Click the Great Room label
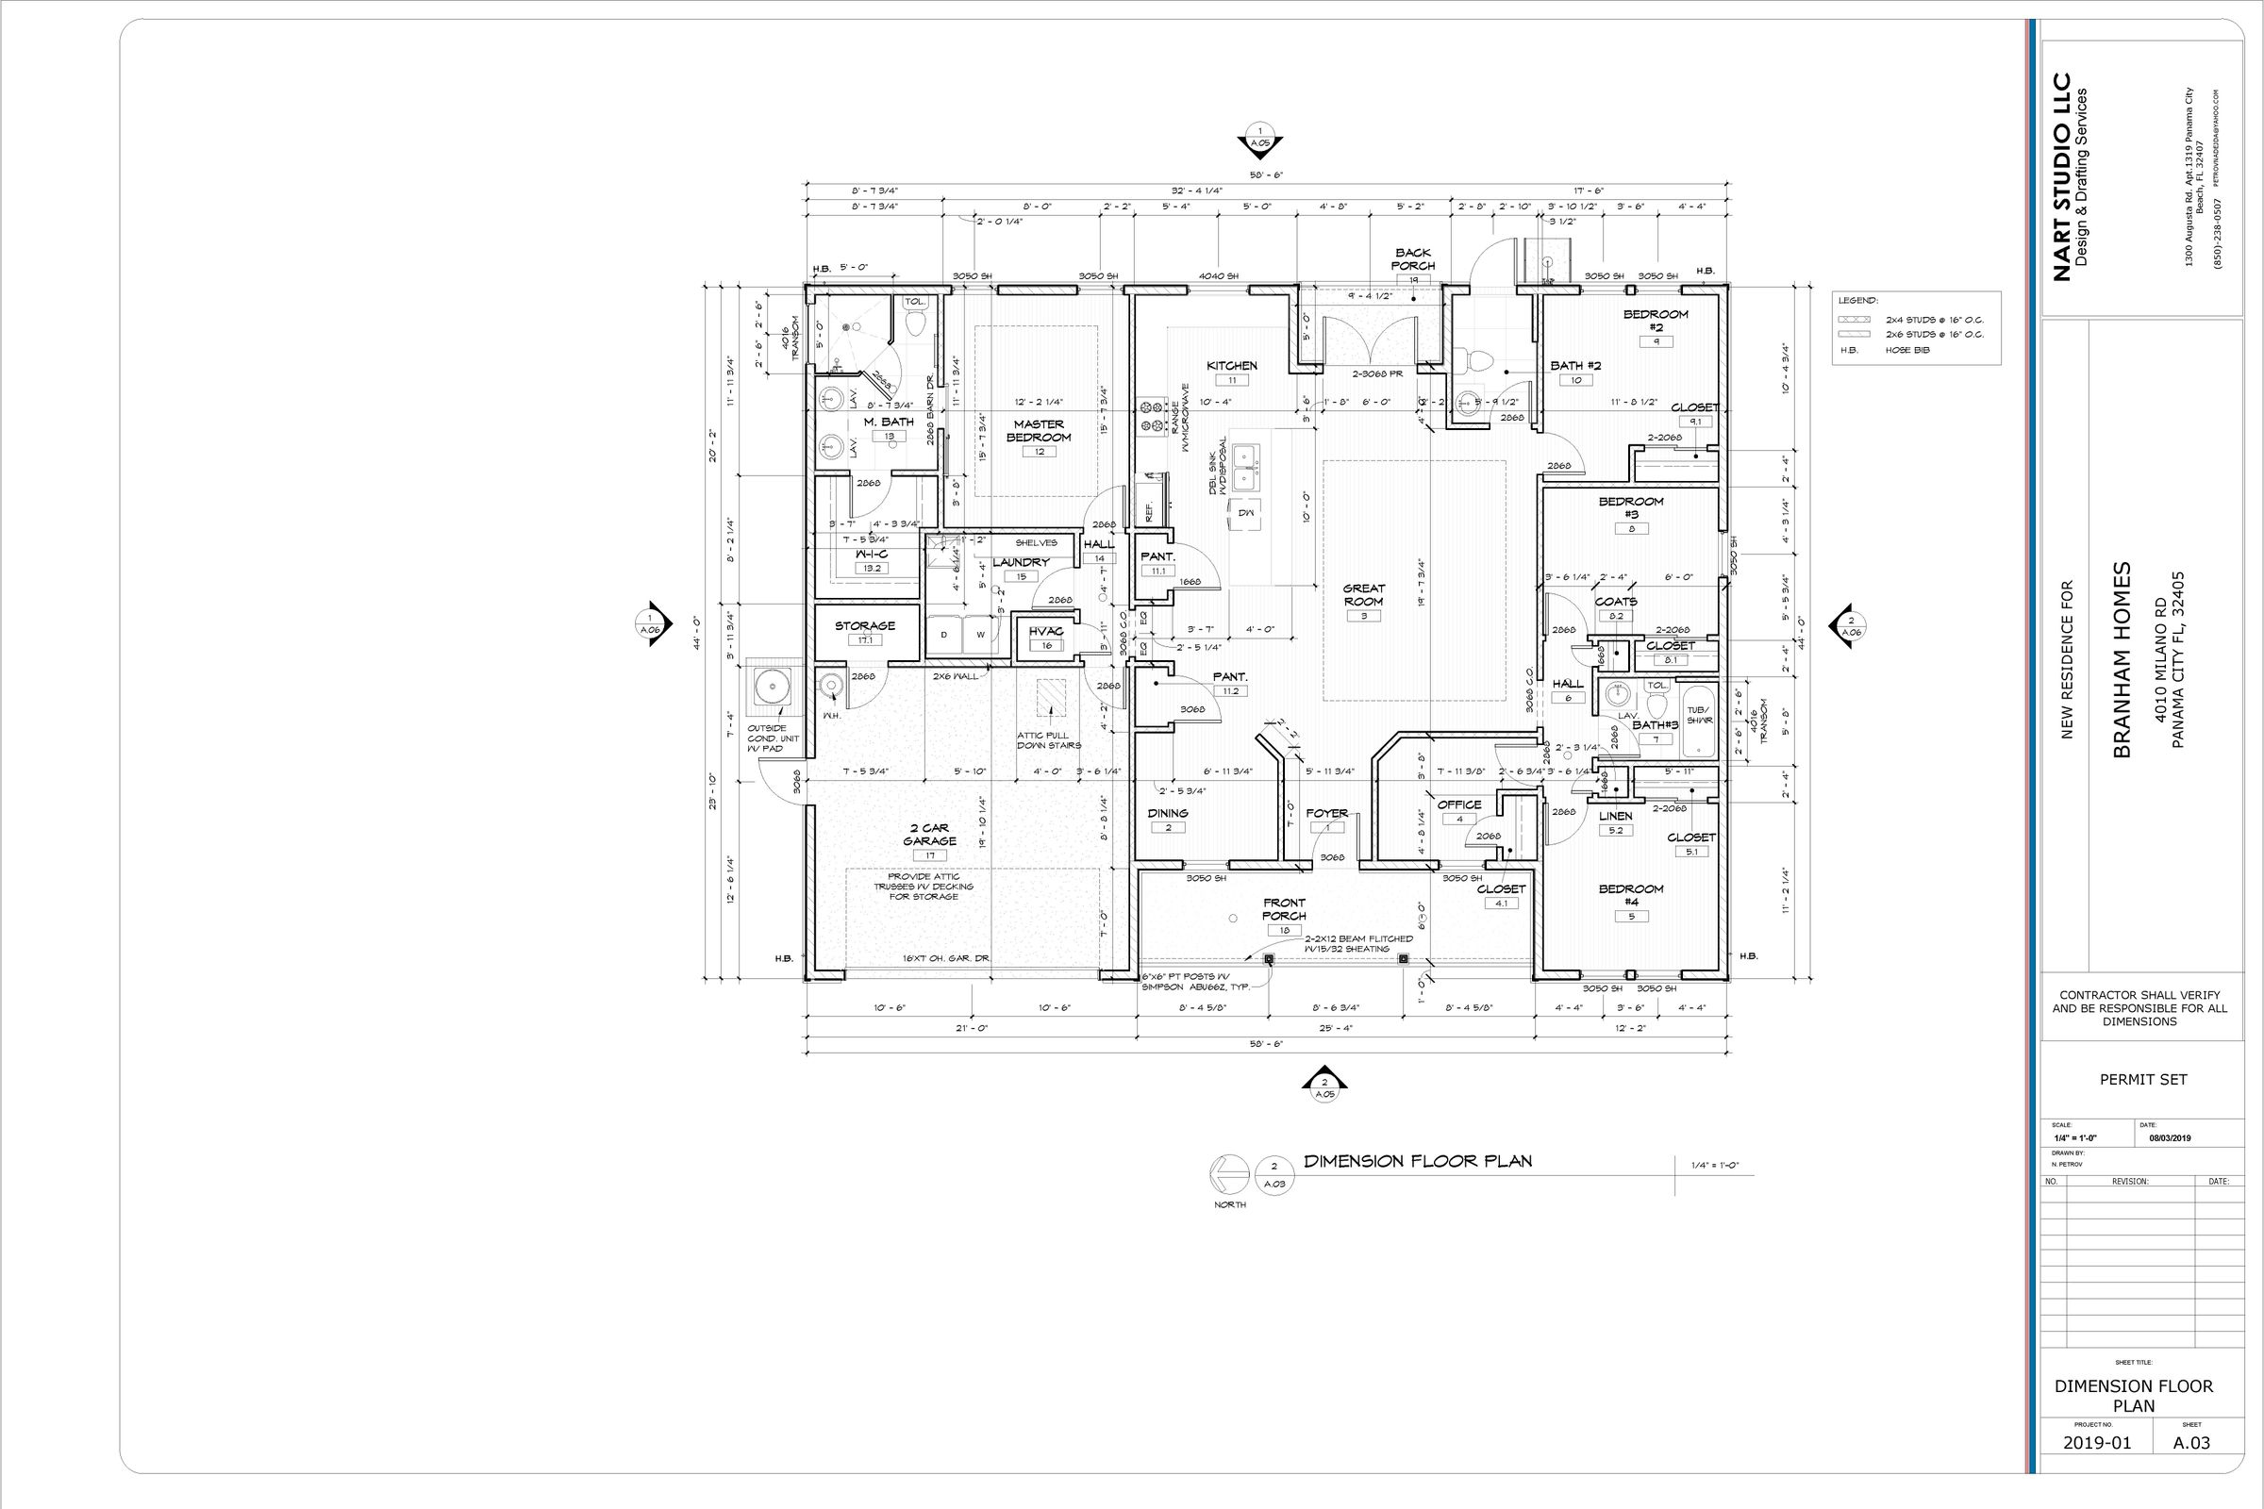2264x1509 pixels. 1363,595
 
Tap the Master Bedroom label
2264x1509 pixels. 1039,430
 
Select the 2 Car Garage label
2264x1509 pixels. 929,835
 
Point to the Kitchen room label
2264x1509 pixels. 1232,366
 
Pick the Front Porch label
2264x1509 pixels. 1284,909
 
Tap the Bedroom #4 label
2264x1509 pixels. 1631,895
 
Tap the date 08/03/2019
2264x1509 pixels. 2170,1137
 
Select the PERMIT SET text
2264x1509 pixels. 2142,1079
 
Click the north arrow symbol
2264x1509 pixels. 1230,1173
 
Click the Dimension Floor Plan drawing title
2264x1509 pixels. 1418,1161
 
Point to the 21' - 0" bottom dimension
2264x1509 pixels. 972,1028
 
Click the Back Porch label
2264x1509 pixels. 1412,258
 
